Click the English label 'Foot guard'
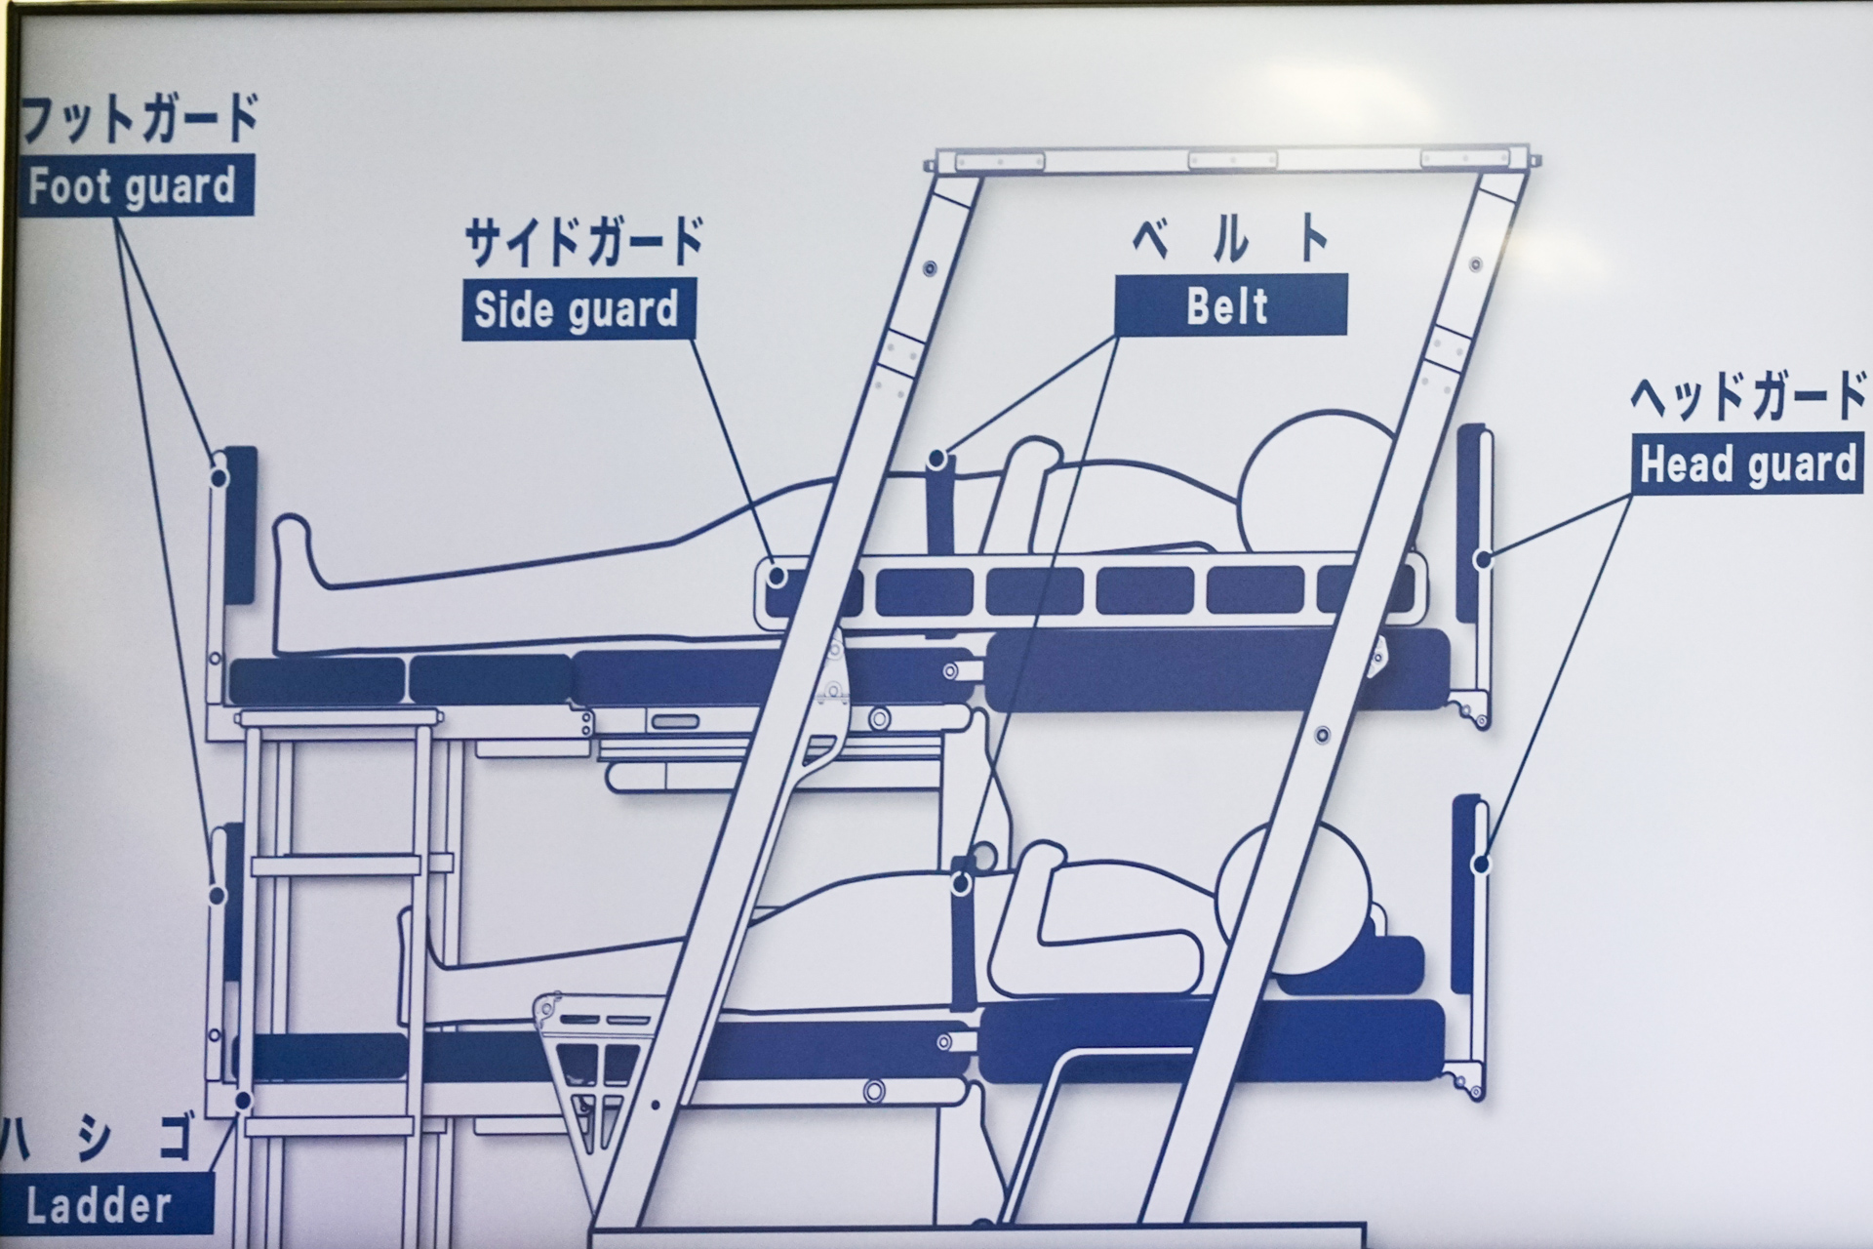pos(134,185)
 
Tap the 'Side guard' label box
pos(577,310)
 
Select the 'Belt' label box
pos(1229,305)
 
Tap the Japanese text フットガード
pos(139,120)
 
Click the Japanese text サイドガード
pos(583,243)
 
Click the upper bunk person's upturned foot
pos(293,551)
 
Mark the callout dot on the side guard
pos(777,576)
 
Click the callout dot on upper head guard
pos(1483,560)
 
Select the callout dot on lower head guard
pos(1481,865)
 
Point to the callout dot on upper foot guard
pos(219,477)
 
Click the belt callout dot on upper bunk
pos(938,458)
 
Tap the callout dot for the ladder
pos(243,1102)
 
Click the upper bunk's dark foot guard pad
pos(240,524)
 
